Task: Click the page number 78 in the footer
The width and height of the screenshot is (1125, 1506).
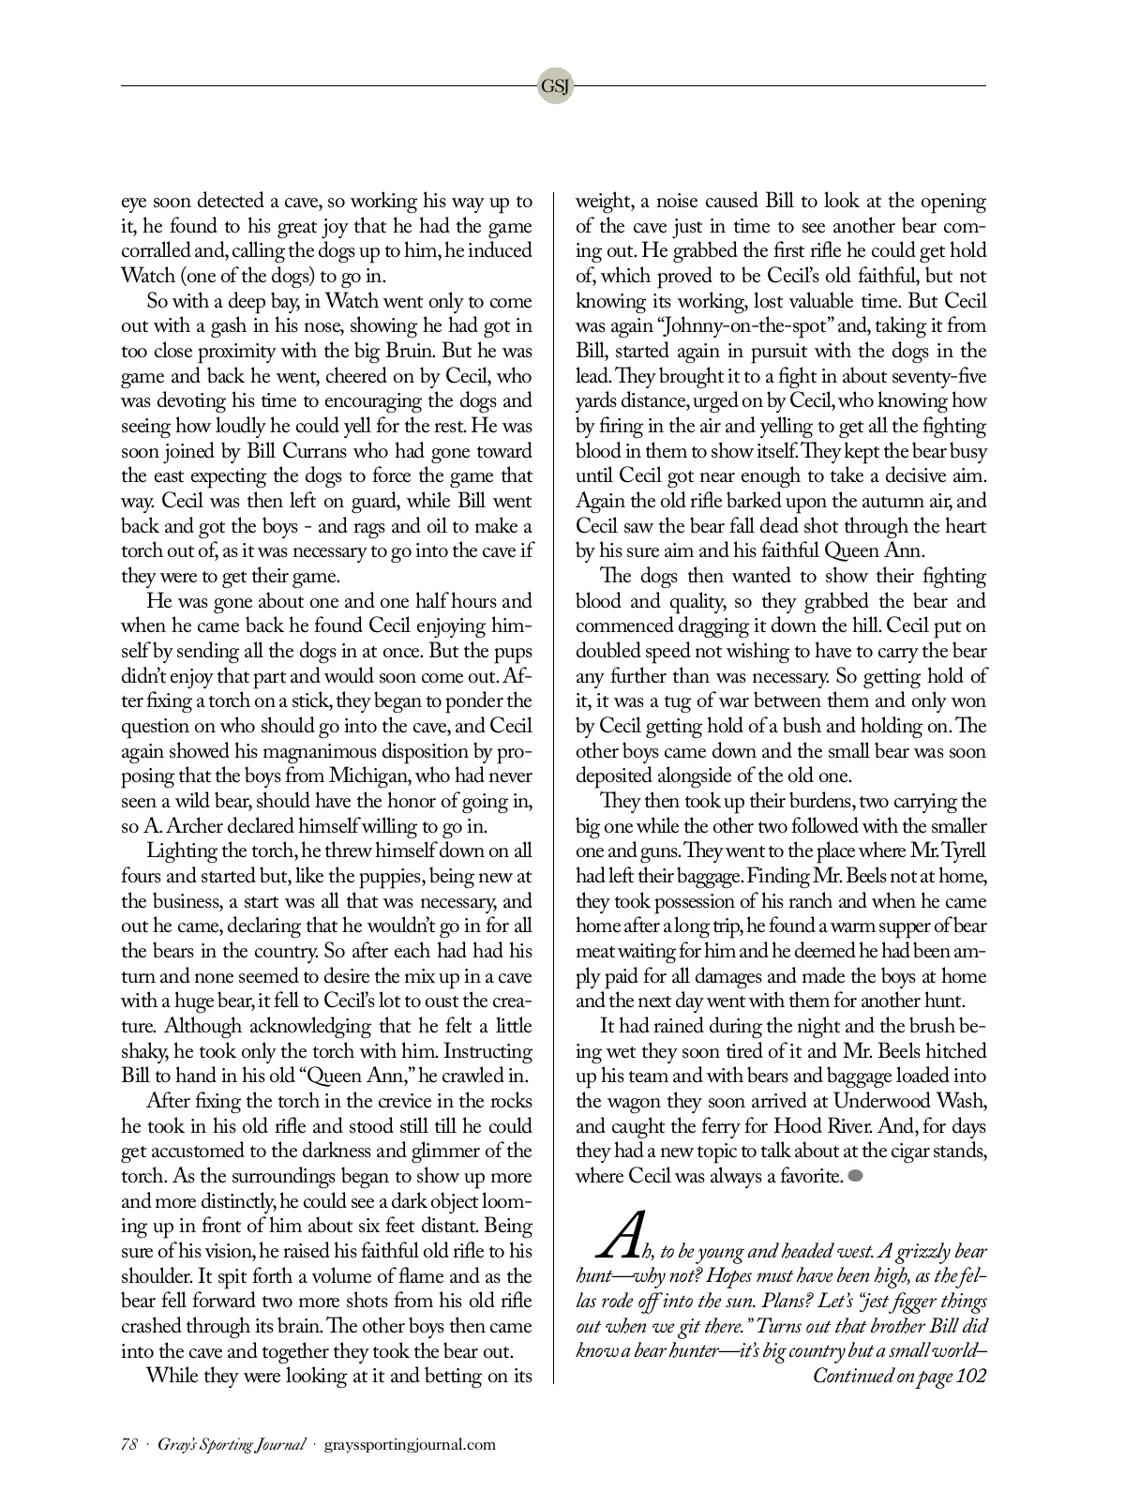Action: [129, 1444]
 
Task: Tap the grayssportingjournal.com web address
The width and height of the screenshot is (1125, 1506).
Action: [410, 1444]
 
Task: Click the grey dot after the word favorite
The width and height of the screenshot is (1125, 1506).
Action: [855, 1176]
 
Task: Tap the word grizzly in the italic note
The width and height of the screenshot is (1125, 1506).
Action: [914, 1252]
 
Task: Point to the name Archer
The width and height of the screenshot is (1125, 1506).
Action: [197, 826]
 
